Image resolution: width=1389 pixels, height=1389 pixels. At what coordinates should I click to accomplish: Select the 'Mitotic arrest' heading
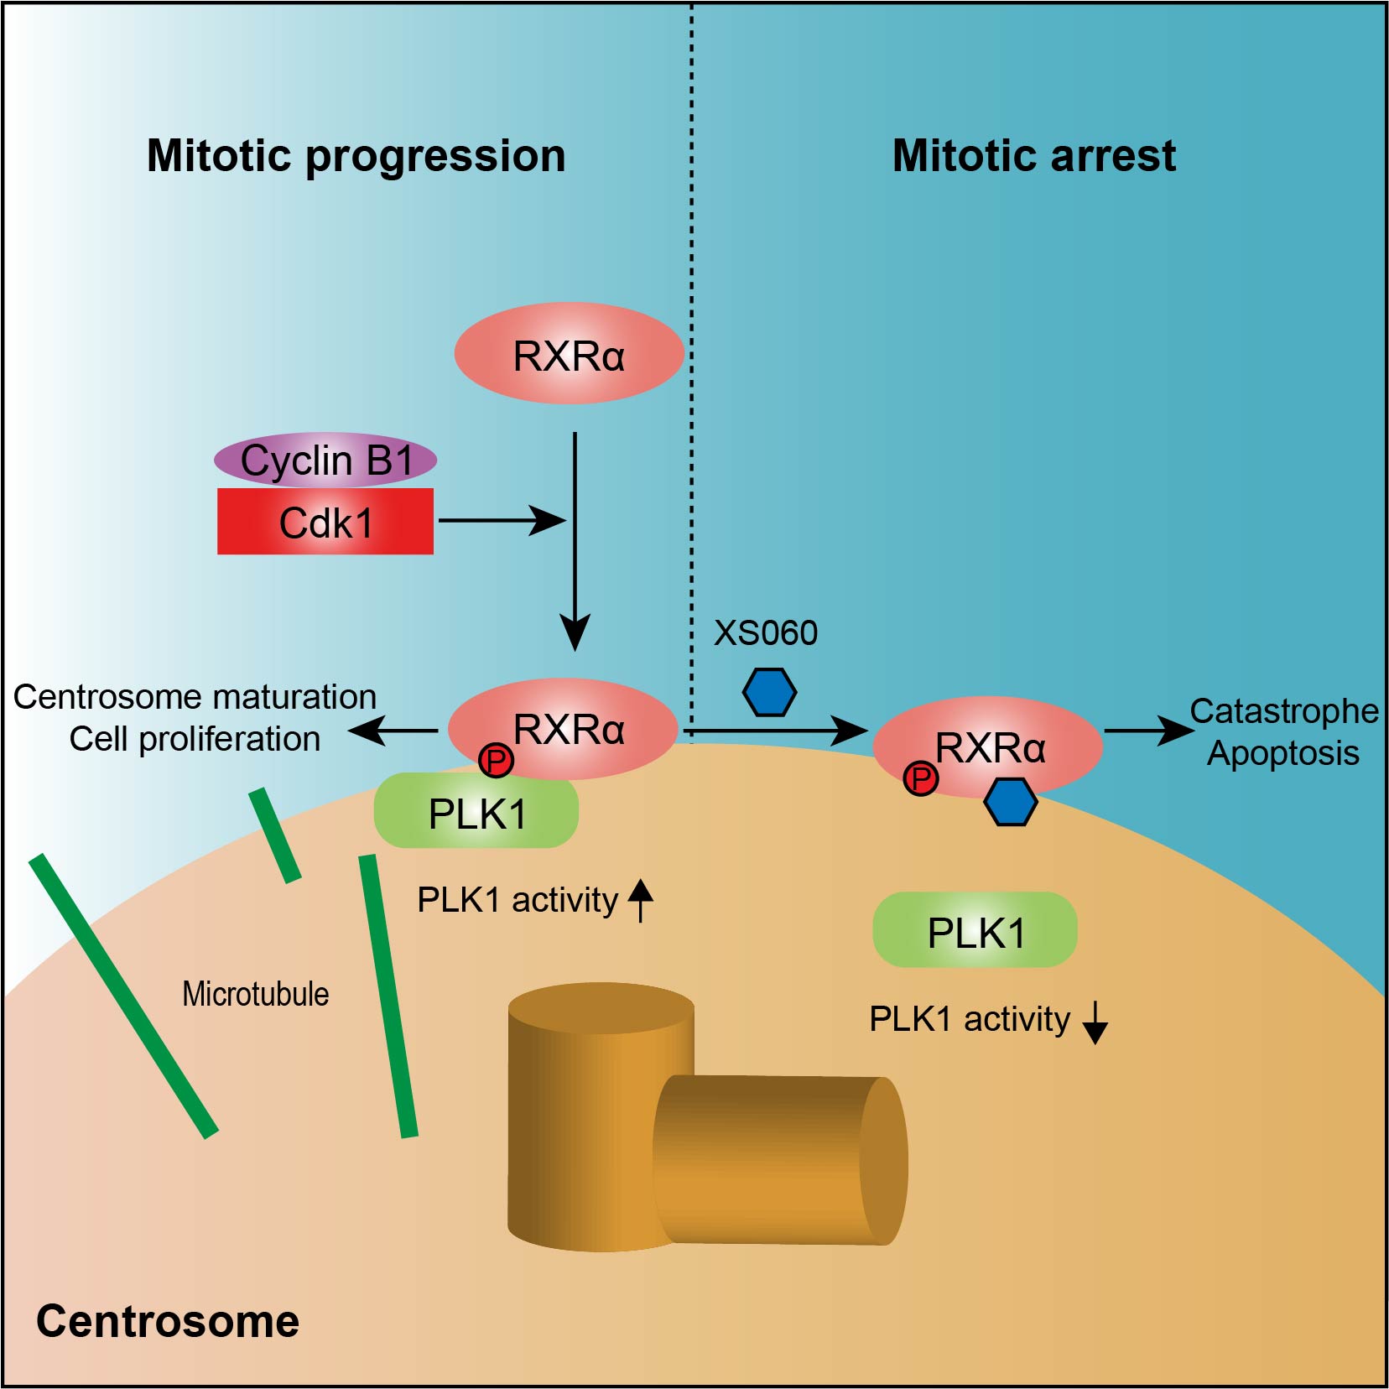pyautogui.click(x=1034, y=156)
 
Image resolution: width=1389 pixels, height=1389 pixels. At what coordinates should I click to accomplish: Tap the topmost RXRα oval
pyautogui.click(x=570, y=353)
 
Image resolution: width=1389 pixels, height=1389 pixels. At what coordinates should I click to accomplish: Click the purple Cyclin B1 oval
pyautogui.click(x=325, y=460)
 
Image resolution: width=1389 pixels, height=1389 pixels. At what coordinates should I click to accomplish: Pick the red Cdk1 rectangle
pyautogui.click(x=325, y=522)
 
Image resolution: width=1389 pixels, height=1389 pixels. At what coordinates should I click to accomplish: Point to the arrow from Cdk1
pyautogui.click(x=502, y=520)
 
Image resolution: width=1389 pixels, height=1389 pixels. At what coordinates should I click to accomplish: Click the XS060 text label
pyautogui.click(x=765, y=633)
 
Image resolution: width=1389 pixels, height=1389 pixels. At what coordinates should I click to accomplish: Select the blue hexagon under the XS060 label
pyautogui.click(x=769, y=692)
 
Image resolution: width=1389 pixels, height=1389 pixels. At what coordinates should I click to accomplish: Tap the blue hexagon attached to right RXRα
pyautogui.click(x=1010, y=802)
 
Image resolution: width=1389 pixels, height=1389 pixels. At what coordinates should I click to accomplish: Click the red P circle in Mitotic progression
pyautogui.click(x=496, y=761)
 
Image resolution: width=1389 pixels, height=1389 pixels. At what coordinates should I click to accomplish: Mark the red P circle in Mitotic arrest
pyautogui.click(x=921, y=778)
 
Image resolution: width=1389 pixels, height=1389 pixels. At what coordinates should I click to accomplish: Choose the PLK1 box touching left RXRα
pyautogui.click(x=476, y=812)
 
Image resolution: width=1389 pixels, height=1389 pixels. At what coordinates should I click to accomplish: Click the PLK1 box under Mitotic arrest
pyautogui.click(x=975, y=930)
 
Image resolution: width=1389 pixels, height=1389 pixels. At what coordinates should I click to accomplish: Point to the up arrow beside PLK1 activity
pyautogui.click(x=641, y=900)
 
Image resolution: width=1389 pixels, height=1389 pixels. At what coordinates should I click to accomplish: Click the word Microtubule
pyautogui.click(x=256, y=994)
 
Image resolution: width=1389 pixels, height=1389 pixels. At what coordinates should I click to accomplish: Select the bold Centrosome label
pyautogui.click(x=168, y=1321)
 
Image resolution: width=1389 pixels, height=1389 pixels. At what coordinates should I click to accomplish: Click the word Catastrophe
pyautogui.click(x=1284, y=711)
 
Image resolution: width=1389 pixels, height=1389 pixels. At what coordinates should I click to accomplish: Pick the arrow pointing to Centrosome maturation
pyautogui.click(x=393, y=731)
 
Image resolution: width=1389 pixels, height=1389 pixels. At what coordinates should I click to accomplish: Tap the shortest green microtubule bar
pyautogui.click(x=275, y=835)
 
